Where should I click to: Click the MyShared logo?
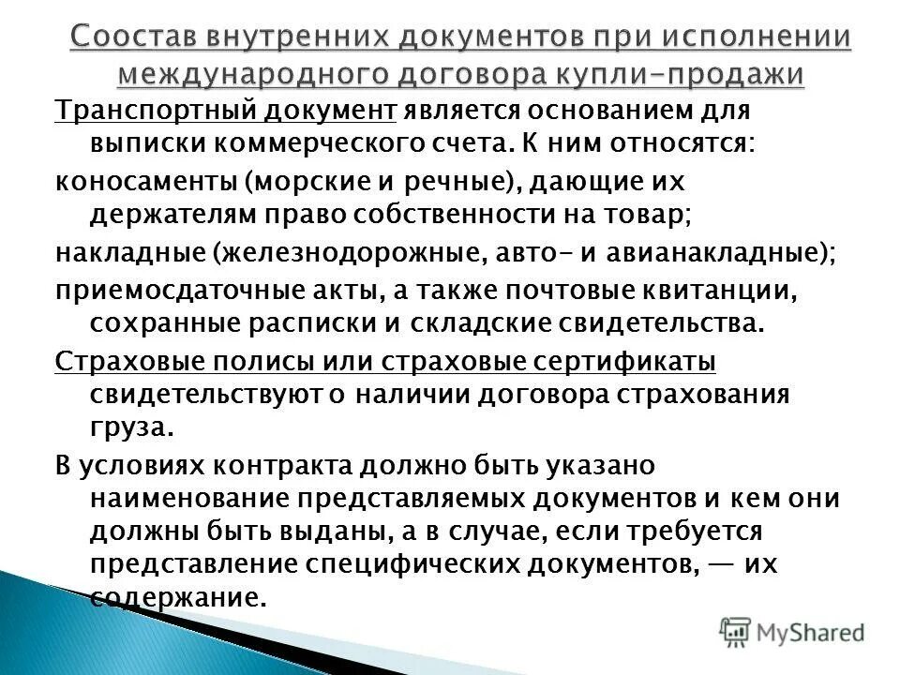pyautogui.click(x=793, y=630)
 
